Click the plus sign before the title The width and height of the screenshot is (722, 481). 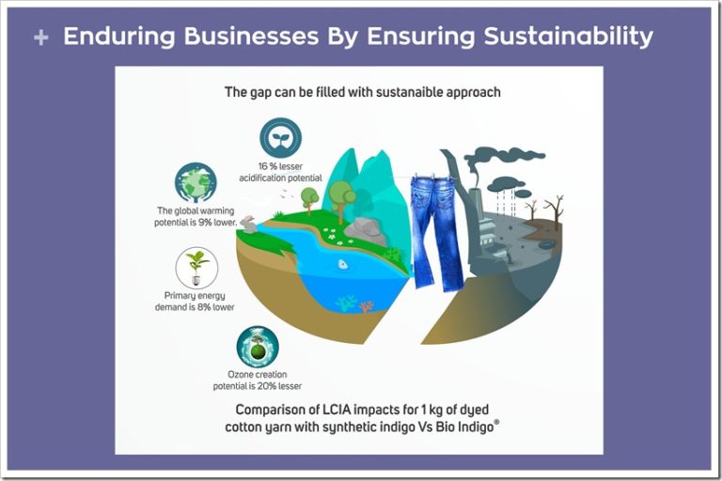[x=41, y=38]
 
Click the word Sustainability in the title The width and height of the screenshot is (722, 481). [x=568, y=37]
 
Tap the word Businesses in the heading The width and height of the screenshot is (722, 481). [x=251, y=36]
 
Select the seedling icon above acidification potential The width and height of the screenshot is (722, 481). [x=280, y=137]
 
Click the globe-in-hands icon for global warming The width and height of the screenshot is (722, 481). [x=196, y=183]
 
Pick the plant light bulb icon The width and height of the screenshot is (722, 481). [x=196, y=268]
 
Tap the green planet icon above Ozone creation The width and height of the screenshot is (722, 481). [x=258, y=347]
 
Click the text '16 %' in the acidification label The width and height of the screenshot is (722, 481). [x=267, y=166]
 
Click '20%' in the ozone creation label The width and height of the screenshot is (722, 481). [x=267, y=386]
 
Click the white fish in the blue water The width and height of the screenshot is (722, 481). [x=343, y=264]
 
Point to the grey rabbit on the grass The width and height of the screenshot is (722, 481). [x=249, y=225]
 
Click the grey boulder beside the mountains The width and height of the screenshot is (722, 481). [x=366, y=231]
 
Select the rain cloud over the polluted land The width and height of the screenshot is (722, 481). [x=506, y=185]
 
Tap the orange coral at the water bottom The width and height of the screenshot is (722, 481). [x=367, y=305]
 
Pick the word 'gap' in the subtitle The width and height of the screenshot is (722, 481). [x=261, y=92]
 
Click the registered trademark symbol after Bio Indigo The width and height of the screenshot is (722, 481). [x=496, y=422]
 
